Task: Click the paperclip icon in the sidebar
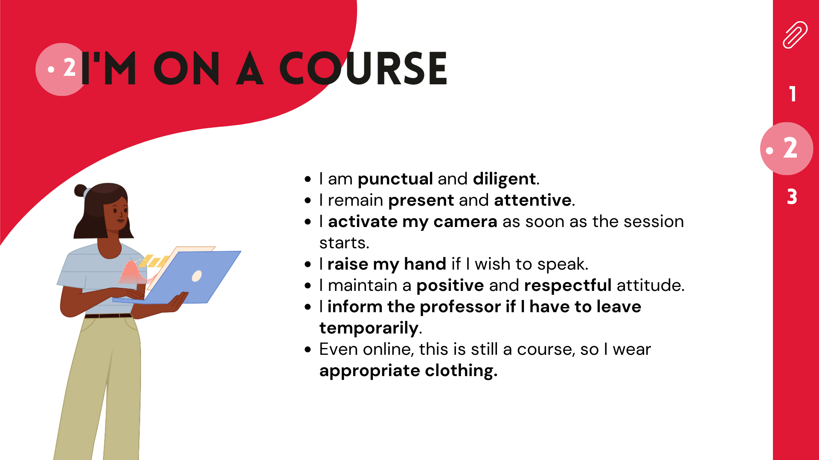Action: click(x=795, y=34)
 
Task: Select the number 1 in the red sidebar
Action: click(x=793, y=94)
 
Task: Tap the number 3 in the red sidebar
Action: click(x=792, y=197)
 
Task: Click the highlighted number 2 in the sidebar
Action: click(x=790, y=148)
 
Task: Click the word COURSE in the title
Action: click(x=363, y=68)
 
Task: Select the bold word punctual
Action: click(x=395, y=179)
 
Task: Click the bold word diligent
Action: click(x=504, y=179)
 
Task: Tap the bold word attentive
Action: click(x=533, y=200)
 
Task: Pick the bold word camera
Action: click(x=465, y=221)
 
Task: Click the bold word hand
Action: click(x=425, y=264)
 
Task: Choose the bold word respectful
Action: click(x=568, y=285)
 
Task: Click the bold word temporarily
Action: click(x=369, y=328)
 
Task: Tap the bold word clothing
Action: click(x=461, y=371)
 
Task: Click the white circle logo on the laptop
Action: click(x=197, y=276)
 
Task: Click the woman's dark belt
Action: click(x=108, y=316)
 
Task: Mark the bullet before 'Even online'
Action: click(x=308, y=350)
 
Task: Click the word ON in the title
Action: click(x=186, y=68)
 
